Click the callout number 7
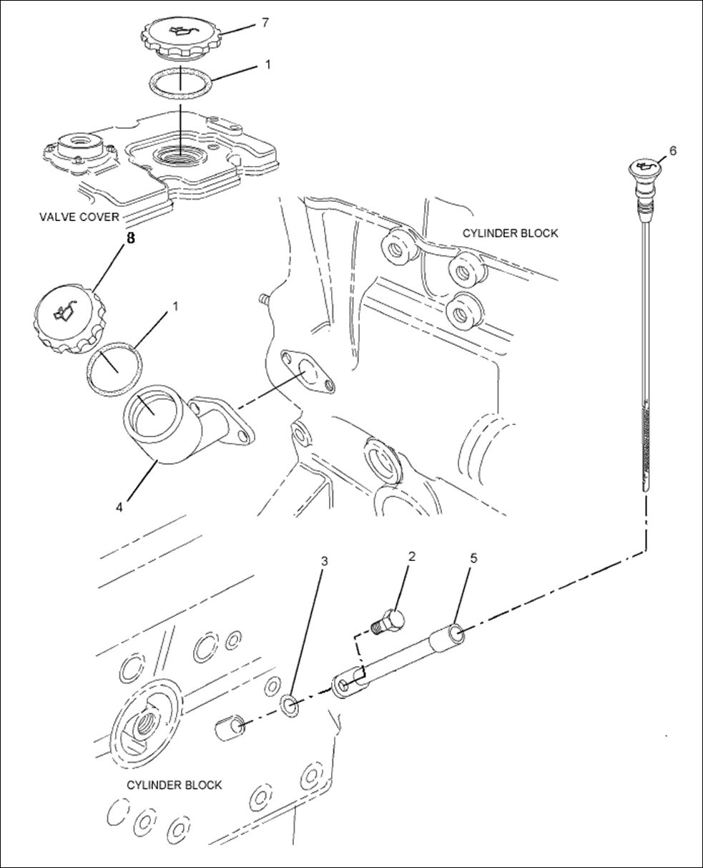pyautogui.click(x=265, y=23)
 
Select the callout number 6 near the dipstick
pyautogui.click(x=672, y=150)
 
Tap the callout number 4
pyautogui.click(x=119, y=507)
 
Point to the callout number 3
pyautogui.click(x=324, y=561)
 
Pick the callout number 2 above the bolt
pyautogui.click(x=411, y=556)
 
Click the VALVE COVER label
pyautogui.click(x=79, y=217)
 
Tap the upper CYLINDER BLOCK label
pyautogui.click(x=510, y=233)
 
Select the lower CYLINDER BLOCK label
pyautogui.click(x=174, y=785)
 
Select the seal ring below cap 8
pyautogui.click(x=114, y=369)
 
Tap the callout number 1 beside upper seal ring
pyautogui.click(x=267, y=64)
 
